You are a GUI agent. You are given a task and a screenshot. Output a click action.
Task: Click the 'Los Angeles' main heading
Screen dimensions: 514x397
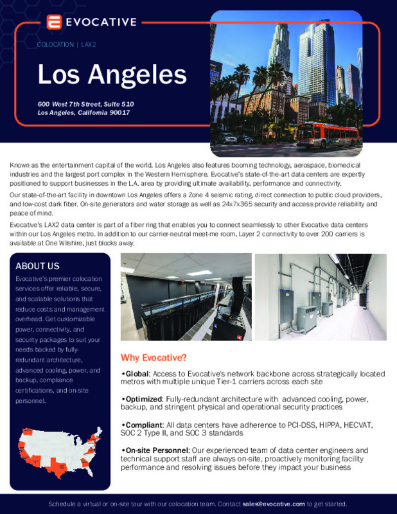112,75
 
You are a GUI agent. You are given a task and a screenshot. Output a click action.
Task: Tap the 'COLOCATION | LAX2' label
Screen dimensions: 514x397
67,44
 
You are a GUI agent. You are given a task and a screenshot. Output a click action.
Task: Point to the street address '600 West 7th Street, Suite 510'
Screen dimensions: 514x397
85,104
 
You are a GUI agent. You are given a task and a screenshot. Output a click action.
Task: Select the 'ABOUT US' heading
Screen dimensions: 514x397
37,266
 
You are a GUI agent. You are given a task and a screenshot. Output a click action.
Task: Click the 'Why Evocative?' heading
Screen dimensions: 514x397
154,357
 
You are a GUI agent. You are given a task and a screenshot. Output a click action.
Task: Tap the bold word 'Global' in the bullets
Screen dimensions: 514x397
136,373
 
